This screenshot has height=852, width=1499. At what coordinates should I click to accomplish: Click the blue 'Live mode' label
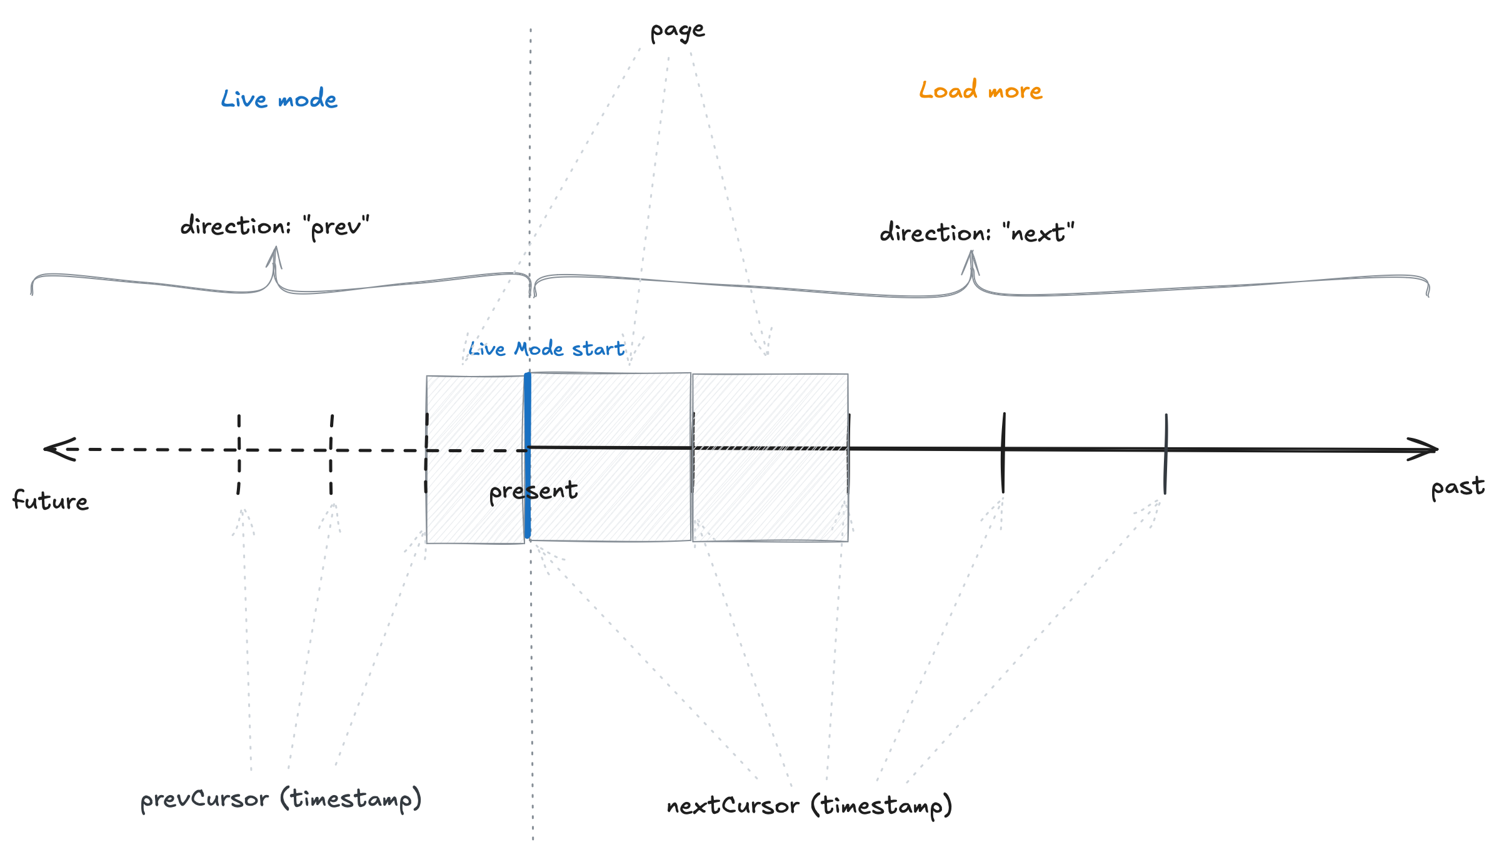tap(279, 99)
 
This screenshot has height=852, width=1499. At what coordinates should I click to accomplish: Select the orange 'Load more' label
tap(980, 91)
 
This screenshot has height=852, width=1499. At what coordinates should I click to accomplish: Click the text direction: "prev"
tap(274, 226)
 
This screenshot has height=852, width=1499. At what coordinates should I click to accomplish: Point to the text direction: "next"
tap(976, 233)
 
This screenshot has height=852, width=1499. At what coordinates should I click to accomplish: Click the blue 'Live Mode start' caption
tap(546, 349)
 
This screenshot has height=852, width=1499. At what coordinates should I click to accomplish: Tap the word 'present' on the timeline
tap(533, 491)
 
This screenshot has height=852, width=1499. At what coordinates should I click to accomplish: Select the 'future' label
tap(51, 501)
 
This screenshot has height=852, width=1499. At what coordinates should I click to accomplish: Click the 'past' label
tap(1457, 487)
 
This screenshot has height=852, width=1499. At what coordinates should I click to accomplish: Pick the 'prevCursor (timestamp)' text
tap(281, 799)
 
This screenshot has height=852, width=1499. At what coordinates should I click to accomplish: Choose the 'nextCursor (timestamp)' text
tap(809, 806)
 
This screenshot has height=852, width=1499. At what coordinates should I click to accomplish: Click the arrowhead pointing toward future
tap(58, 449)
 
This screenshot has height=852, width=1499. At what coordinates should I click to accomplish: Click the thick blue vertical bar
tap(528, 455)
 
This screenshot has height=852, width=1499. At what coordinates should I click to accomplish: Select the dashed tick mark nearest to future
tap(239, 454)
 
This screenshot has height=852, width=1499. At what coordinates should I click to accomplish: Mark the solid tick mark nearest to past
tap(1166, 454)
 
